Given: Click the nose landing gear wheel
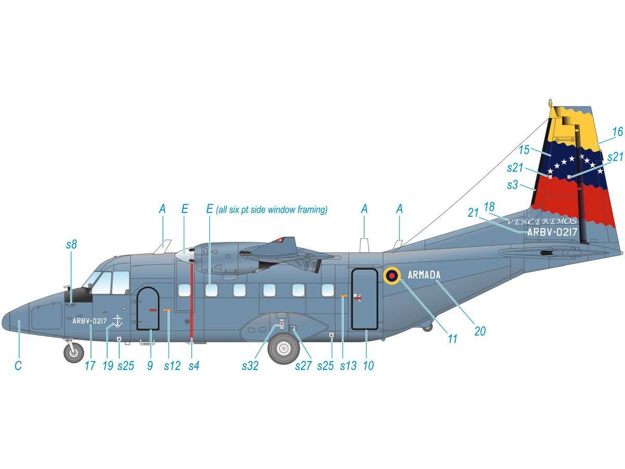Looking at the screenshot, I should pyautogui.click(x=74, y=353).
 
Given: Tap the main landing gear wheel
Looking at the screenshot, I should pyautogui.click(x=284, y=349).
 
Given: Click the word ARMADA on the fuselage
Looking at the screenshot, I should pyautogui.click(x=424, y=275).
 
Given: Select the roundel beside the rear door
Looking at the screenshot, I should pyautogui.click(x=392, y=276).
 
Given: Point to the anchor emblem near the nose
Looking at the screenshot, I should pyautogui.click(x=117, y=322).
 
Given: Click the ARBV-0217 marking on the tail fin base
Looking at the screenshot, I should pyautogui.click(x=552, y=232).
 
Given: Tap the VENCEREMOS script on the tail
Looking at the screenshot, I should pyautogui.click(x=542, y=221).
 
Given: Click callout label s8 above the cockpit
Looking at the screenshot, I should pyautogui.click(x=71, y=244).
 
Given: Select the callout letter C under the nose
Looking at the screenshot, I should pyautogui.click(x=18, y=366).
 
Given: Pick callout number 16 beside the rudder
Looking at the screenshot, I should pyautogui.click(x=617, y=132).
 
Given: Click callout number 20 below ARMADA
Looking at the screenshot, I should pyautogui.click(x=480, y=331).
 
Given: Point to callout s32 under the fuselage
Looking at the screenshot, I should pyautogui.click(x=250, y=366).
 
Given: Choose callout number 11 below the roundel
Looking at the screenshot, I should pyautogui.click(x=452, y=339).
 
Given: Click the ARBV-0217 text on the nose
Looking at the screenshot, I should pyautogui.click(x=89, y=322).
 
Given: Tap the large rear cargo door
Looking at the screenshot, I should pyautogui.click(x=365, y=299).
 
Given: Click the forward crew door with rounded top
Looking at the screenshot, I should pyautogui.click(x=148, y=308).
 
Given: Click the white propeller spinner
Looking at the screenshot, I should pyautogui.click(x=184, y=255).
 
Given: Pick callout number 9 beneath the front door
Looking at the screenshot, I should pyautogui.click(x=150, y=366).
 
